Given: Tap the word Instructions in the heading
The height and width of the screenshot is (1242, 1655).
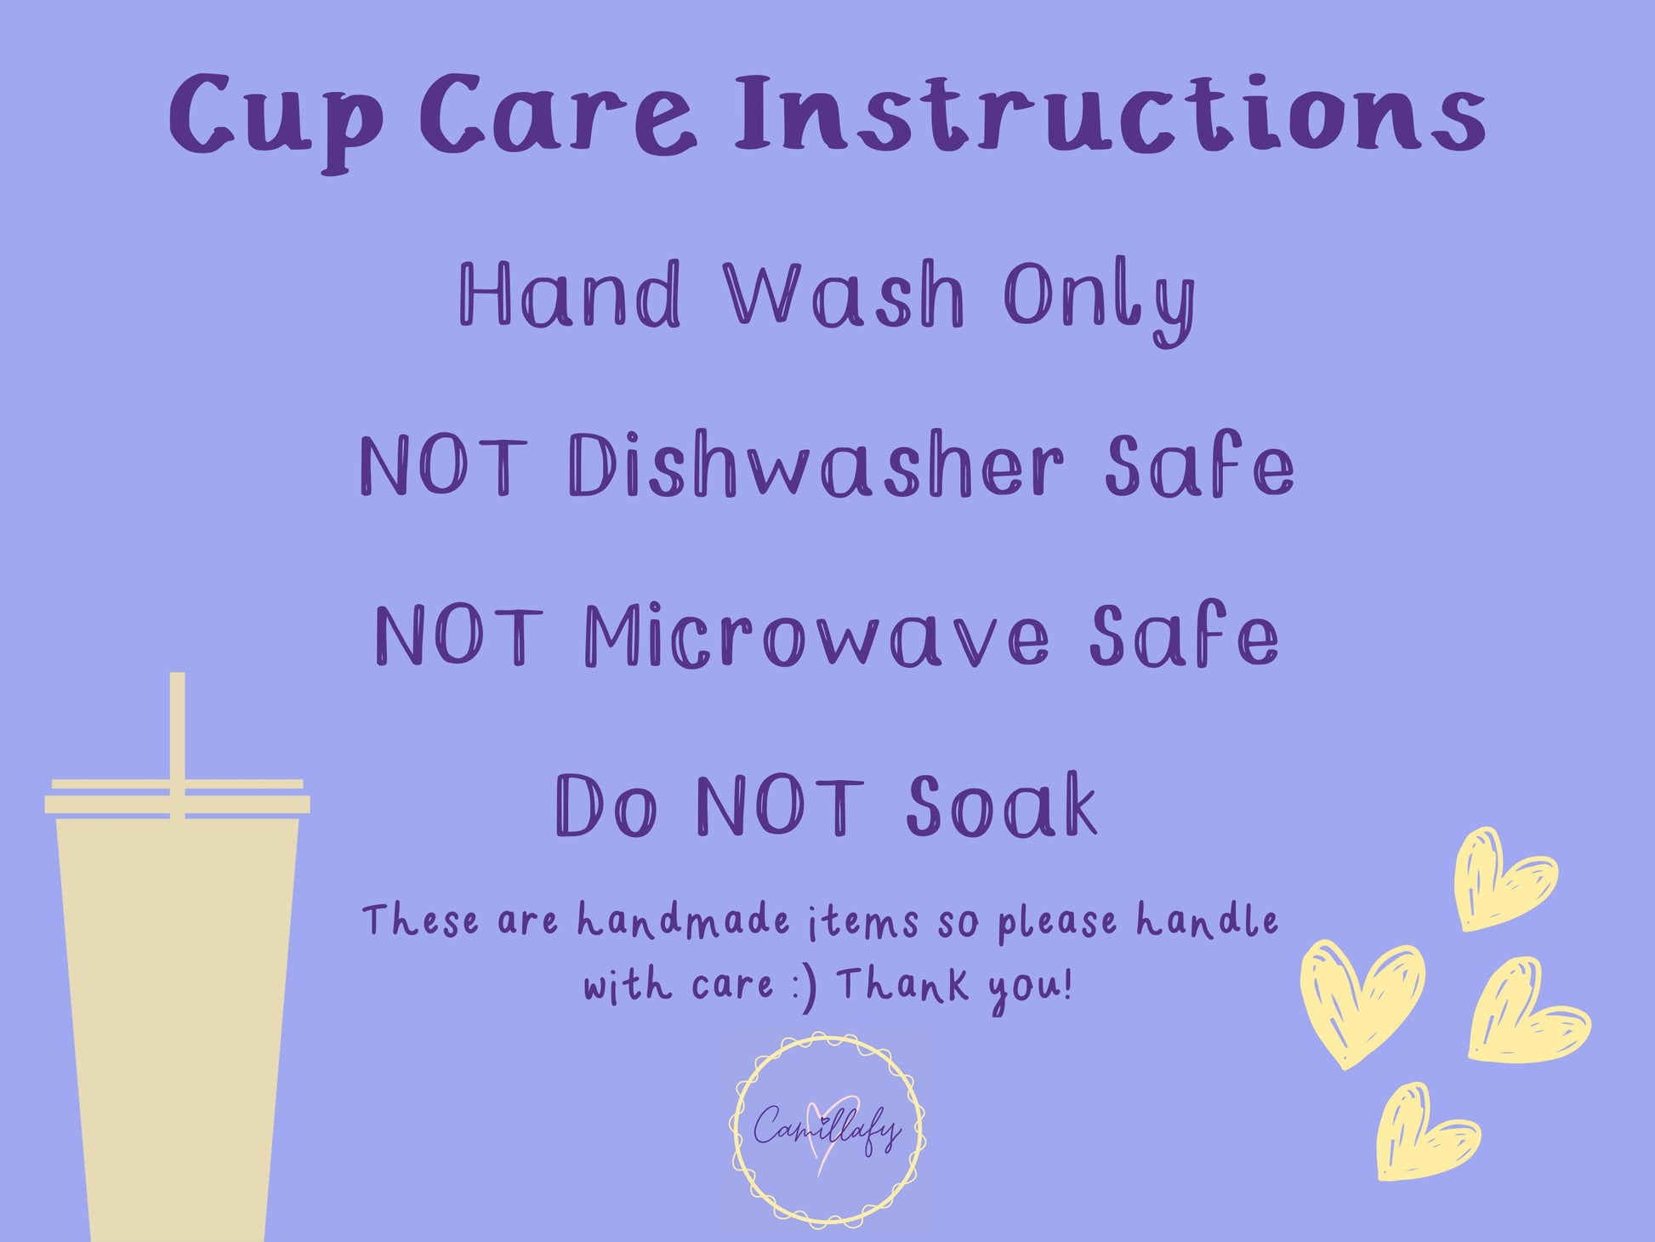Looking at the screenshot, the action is point(1110,114).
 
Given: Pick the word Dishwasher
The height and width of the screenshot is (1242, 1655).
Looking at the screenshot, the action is point(817,465).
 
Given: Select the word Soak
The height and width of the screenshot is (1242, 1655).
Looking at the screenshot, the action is point(1001,804).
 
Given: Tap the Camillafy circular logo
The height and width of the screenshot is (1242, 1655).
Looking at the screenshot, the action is point(827,1129).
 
